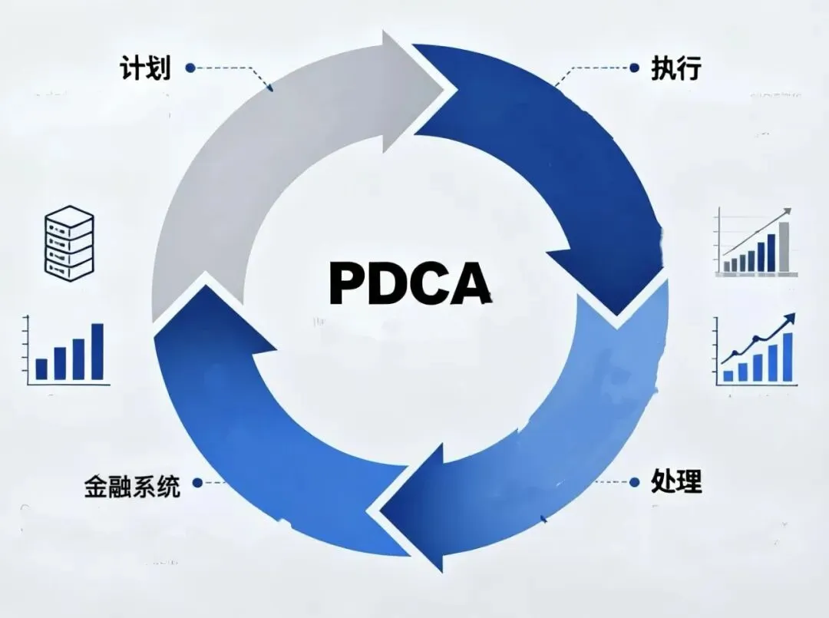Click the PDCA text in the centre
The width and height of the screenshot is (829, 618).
[410, 283]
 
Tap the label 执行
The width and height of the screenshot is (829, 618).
[675, 68]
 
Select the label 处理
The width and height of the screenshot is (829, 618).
[675, 482]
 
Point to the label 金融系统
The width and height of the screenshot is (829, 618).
[132, 485]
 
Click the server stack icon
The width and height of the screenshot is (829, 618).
[69, 242]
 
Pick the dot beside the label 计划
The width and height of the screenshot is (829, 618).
[190, 68]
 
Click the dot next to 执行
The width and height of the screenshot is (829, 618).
[634, 68]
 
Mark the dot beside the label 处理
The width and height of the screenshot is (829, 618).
[634, 482]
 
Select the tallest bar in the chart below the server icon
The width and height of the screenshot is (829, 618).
[97, 352]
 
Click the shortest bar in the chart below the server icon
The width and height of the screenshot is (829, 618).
[41, 369]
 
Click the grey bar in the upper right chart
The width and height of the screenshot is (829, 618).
[784, 246]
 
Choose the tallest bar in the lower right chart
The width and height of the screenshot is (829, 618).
[787, 358]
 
